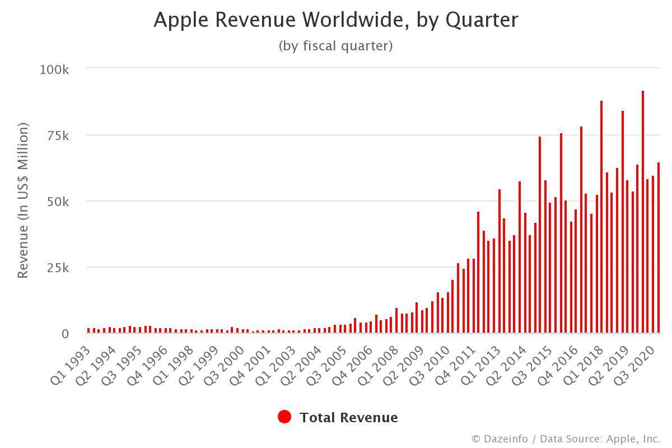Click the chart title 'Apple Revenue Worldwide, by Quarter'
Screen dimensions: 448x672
coord(336,20)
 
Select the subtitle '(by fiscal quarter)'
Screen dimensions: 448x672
coord(336,46)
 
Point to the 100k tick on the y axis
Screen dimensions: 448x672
coord(54,69)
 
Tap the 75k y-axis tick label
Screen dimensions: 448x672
coord(58,136)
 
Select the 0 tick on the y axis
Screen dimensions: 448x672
coord(65,334)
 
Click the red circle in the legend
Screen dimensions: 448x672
coord(284,417)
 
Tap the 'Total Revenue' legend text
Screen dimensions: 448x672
coord(348,418)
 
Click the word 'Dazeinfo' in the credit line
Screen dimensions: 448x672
coord(506,439)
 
